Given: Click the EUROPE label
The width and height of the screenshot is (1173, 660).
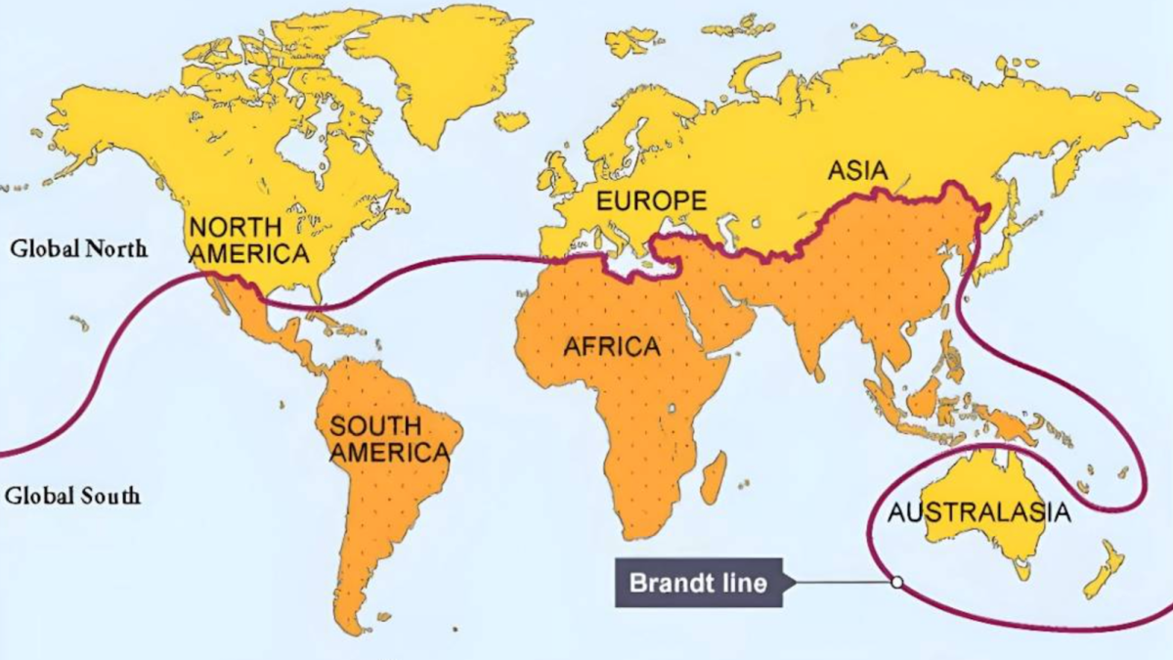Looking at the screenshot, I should coord(651,201).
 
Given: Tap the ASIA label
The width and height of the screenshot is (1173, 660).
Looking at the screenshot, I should coord(858,171).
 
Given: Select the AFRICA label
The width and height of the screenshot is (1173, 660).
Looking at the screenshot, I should coord(612,346).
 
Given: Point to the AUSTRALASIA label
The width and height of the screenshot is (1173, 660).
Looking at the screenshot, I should coord(978,513).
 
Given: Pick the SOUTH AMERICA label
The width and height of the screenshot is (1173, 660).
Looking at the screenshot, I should coord(388,439).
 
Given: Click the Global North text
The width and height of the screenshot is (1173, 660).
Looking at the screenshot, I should coord(79,248).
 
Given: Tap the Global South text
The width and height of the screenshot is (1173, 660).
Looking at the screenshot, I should coord(72,496).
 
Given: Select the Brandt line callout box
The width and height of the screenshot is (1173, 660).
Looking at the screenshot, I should coord(699,584).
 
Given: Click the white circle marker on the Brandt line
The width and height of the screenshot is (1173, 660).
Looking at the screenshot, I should coord(896,582).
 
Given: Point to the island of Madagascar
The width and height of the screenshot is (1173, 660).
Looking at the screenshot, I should coord(715,476).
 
